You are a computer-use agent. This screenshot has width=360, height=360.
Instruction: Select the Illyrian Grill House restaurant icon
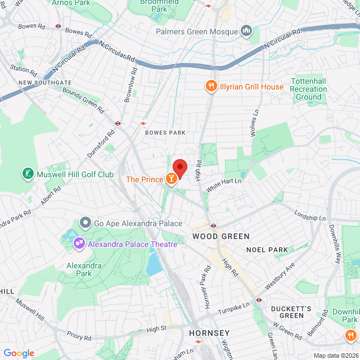click(211, 87)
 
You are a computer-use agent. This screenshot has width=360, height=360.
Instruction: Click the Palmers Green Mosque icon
click(246, 30)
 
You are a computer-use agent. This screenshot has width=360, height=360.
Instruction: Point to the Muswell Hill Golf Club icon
click(27, 174)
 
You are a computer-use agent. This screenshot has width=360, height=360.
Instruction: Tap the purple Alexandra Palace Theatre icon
click(79, 244)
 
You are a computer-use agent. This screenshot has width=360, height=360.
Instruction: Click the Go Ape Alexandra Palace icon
click(85, 223)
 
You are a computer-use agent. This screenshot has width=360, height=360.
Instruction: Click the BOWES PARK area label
click(165, 133)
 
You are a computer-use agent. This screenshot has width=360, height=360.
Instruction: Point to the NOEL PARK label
click(267, 250)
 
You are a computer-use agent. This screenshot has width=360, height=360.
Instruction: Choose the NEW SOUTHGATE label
click(44, 82)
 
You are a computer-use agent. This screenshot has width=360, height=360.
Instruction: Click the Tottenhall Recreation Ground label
click(308, 89)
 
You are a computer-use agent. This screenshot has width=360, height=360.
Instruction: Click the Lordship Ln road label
click(310, 215)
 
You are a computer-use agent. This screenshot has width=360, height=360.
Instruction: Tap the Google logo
click(19, 353)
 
